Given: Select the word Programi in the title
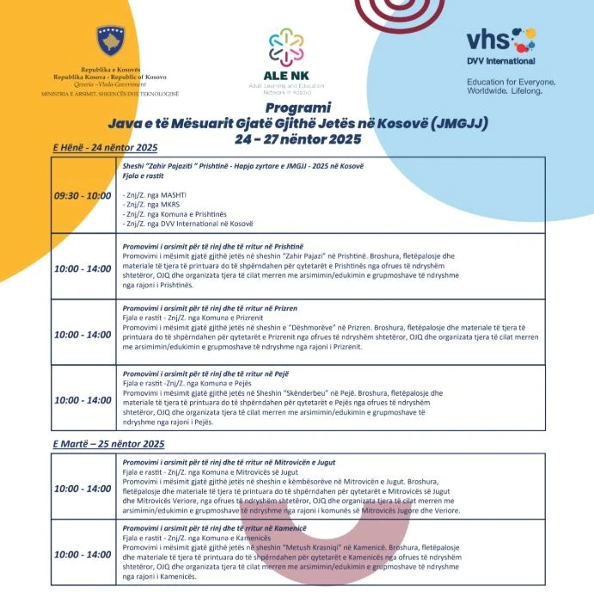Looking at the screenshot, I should pyautogui.click(x=297, y=108).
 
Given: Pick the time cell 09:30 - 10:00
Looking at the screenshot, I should pyautogui.click(x=83, y=195).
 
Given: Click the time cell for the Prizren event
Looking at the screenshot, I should pyautogui.click(x=83, y=334).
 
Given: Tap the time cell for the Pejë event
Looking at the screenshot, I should pyautogui.click(x=83, y=400).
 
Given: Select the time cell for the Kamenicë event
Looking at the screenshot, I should pyautogui.click(x=83, y=554).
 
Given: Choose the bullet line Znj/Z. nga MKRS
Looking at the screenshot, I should pyautogui.click(x=145, y=206).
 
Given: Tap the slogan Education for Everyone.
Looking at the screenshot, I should pyautogui.click(x=511, y=81).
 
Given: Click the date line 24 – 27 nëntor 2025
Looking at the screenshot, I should pyautogui.click(x=297, y=139).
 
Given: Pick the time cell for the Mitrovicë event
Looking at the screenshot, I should pyautogui.click(x=83, y=489).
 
